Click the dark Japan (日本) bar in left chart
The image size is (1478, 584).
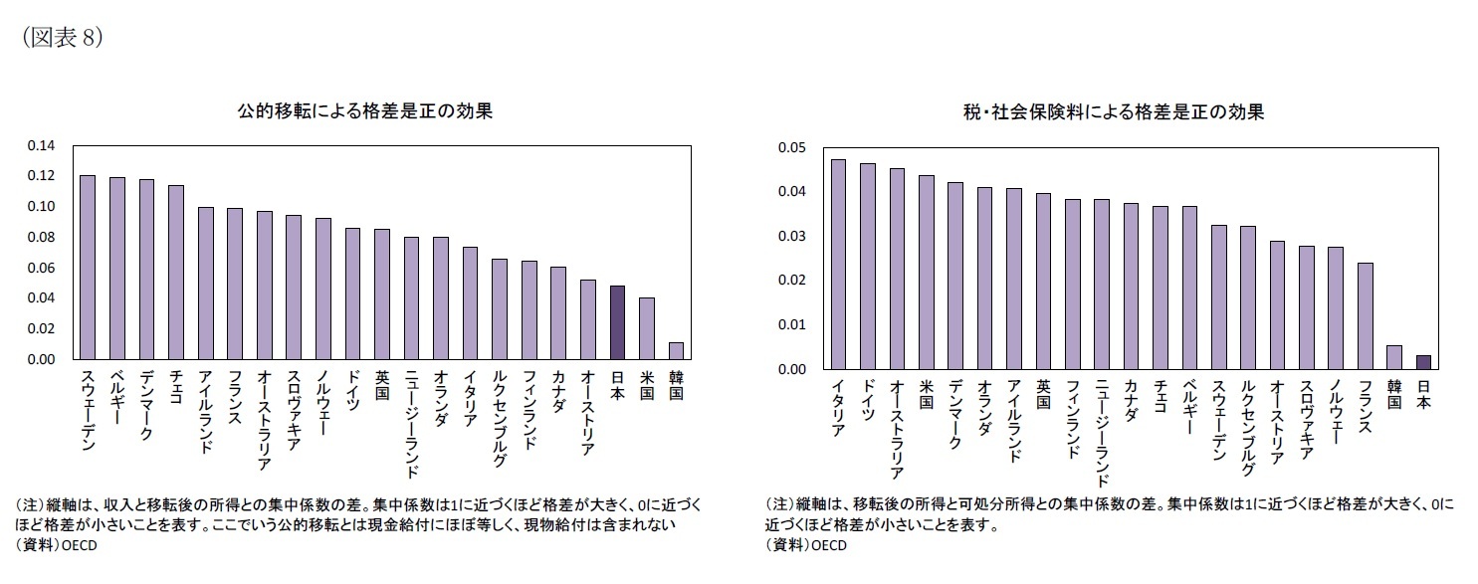click(x=617, y=322)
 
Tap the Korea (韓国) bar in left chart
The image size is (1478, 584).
click(x=676, y=350)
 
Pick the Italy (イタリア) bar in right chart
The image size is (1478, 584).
click(x=838, y=264)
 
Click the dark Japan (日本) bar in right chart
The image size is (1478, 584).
click(x=1423, y=362)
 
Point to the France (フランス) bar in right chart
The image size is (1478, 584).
click(x=1365, y=315)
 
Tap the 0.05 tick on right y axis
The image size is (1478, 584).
click(x=791, y=147)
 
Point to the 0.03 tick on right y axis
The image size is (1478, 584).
click(x=791, y=236)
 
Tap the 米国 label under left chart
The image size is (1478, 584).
click(x=646, y=389)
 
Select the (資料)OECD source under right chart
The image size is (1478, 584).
click(x=804, y=545)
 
